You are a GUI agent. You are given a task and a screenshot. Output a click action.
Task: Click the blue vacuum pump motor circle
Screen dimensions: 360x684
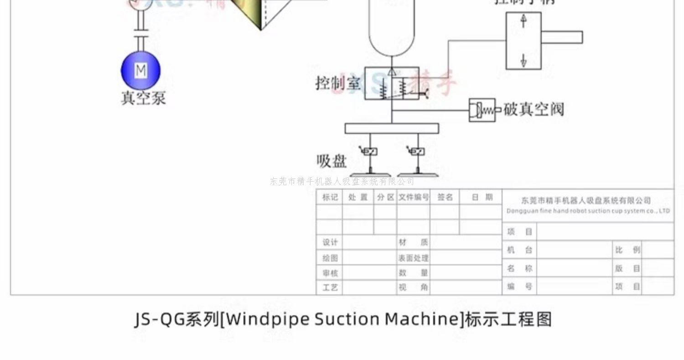pos(140,71)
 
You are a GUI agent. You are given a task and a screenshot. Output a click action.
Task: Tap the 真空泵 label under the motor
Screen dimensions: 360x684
pos(143,98)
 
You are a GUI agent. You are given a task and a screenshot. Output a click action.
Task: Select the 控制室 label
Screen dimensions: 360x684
pos(338,83)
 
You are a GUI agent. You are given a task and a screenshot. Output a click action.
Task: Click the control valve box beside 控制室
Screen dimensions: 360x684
pos(392,83)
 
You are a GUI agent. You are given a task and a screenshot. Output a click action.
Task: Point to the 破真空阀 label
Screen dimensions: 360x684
pos(534,110)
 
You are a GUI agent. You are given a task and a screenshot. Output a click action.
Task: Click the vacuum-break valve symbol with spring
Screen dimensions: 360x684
pos(482,110)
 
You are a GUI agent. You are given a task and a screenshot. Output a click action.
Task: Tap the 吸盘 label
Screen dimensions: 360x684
pos(332,161)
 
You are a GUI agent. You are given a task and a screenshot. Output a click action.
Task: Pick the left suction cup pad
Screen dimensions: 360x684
pos(370,174)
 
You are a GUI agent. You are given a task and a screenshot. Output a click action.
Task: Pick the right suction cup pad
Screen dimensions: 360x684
pos(418,174)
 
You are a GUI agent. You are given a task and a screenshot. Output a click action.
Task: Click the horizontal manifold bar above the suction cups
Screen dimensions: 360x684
pos(392,128)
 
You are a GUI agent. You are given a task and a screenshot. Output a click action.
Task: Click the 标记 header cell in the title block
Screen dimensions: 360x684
pos(330,197)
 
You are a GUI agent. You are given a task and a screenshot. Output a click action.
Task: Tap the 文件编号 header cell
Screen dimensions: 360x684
pos(414,197)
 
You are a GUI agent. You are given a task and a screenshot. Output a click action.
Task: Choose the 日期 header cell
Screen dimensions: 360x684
pos(482,197)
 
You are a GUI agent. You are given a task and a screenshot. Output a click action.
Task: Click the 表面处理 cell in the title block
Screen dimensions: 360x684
pos(413,258)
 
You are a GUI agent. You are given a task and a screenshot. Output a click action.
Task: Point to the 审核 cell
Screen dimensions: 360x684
pos(330,273)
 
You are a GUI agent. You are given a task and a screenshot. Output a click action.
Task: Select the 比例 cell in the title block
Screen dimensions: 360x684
pos(627,250)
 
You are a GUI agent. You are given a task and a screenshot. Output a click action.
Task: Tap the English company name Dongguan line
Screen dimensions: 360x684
pos(588,211)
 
